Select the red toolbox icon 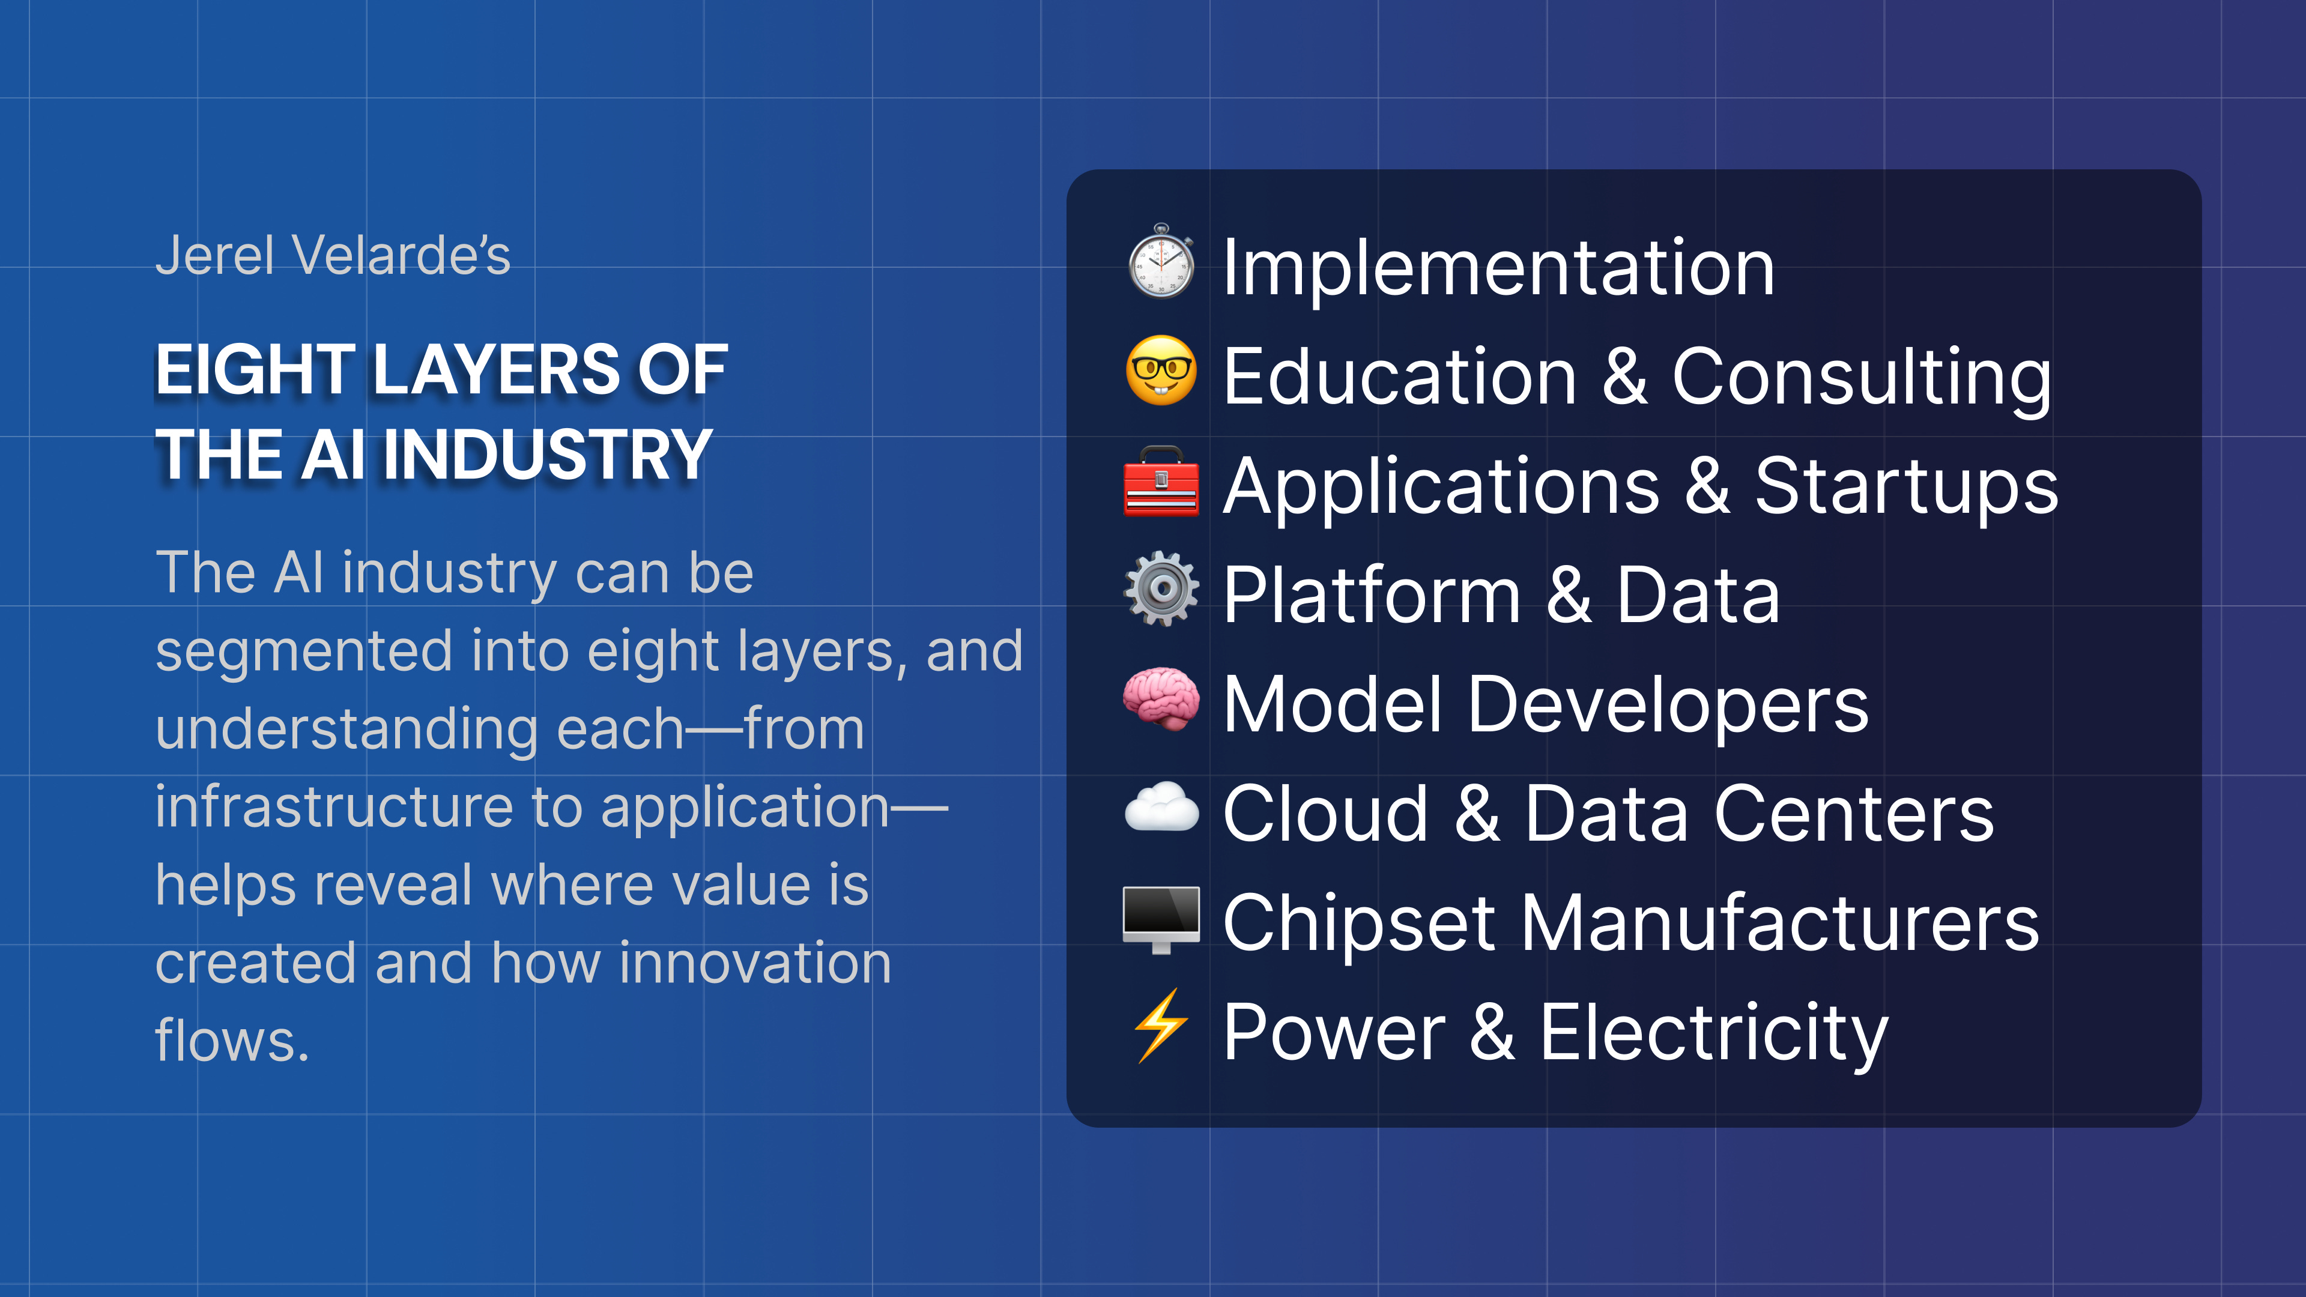click(x=1161, y=482)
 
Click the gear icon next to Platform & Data click(x=1161, y=589)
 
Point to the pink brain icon click(x=1161, y=699)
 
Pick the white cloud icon click(x=1161, y=808)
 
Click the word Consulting click(x=1862, y=378)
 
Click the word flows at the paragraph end click(x=232, y=1041)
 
